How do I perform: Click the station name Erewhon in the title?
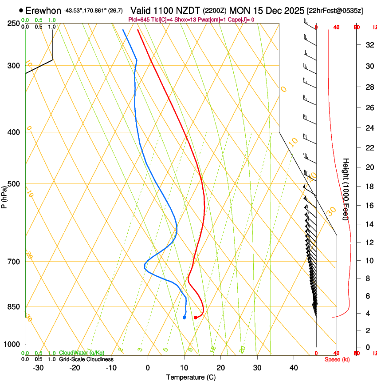point(43,10)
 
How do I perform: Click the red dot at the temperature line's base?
point(195,317)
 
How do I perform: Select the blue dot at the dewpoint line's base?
point(184,317)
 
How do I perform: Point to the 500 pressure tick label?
point(13,184)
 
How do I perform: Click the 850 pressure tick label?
point(13,307)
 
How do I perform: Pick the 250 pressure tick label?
point(13,24)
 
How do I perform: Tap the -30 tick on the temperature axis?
point(38,368)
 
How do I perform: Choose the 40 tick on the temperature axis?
point(294,368)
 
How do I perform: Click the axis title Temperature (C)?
point(191,377)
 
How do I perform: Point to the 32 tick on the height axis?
point(368,45)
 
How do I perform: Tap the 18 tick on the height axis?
point(368,187)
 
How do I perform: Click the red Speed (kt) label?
point(337,359)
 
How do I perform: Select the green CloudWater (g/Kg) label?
point(82,353)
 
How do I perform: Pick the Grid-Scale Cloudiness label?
point(86,359)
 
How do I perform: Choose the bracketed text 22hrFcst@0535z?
point(335,10)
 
